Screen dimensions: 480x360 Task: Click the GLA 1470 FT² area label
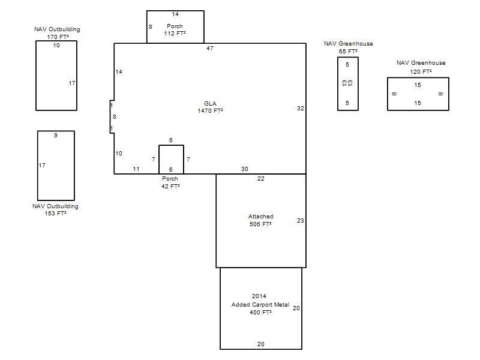coord(211,107)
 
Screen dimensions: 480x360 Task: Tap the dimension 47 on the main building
coord(209,49)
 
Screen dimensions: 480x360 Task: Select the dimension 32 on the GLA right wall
coord(301,109)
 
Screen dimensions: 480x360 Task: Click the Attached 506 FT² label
coord(260,220)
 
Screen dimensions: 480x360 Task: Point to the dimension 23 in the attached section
coord(301,220)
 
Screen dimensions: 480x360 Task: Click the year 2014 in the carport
coord(259,296)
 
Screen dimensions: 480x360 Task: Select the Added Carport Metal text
coord(260,305)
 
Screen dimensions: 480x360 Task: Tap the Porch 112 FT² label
coord(175,29)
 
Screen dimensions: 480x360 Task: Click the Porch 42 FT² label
coord(170,182)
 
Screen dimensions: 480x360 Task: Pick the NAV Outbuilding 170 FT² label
coord(57,33)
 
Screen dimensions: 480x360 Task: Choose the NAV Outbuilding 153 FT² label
coord(55,209)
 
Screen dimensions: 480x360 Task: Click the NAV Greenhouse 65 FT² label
coord(349,47)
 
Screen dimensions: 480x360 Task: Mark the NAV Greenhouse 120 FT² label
coord(421,67)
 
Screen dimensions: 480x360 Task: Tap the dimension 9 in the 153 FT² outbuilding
coord(55,136)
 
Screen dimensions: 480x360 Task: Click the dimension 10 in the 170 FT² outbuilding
coord(56,46)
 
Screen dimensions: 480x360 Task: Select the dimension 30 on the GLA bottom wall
coord(244,169)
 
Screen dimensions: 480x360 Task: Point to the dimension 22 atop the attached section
coord(260,179)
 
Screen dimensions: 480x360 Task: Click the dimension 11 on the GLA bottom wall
coord(136,169)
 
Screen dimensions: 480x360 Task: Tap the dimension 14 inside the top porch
coord(175,14)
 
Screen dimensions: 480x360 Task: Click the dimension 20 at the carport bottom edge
coord(260,344)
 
